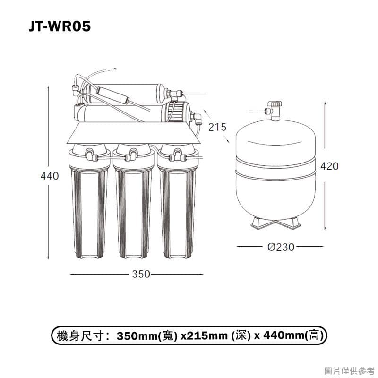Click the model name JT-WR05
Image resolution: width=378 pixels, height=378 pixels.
point(59,26)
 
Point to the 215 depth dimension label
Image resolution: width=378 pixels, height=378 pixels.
point(217,127)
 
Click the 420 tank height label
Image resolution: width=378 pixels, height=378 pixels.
point(329,166)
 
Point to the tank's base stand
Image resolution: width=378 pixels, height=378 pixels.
point(275,222)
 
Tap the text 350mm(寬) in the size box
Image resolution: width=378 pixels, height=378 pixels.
point(147,336)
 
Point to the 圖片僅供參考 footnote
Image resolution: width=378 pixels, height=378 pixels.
point(350,370)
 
